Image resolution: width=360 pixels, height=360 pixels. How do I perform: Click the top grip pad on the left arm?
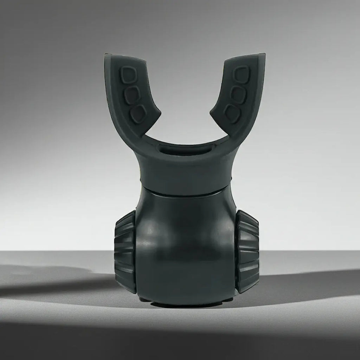(128, 75)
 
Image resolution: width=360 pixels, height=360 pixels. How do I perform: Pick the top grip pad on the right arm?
(242, 75)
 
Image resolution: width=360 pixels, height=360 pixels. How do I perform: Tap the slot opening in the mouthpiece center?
(184, 149)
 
